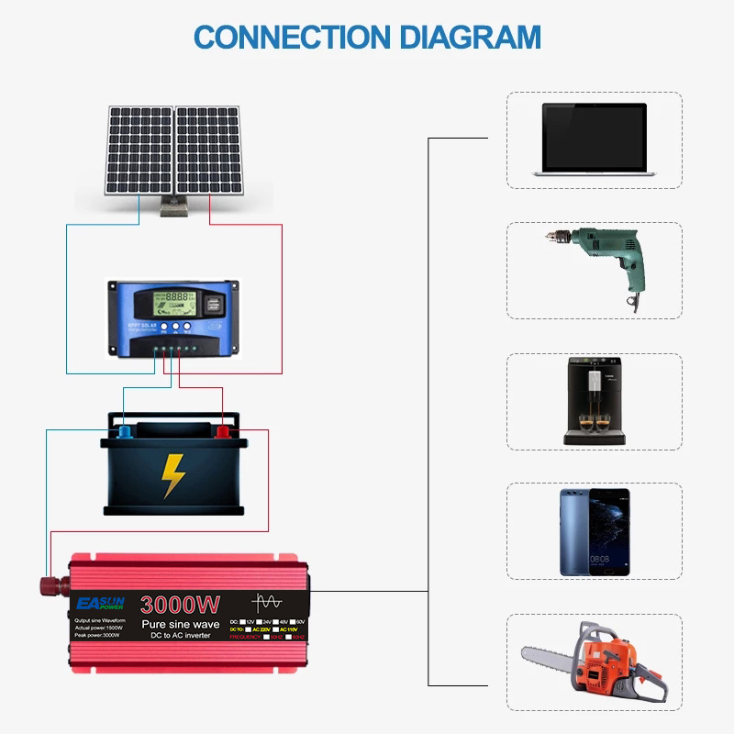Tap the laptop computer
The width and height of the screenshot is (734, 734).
pyautogui.click(x=594, y=139)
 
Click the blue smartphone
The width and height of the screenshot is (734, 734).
pyautogui.click(x=595, y=532)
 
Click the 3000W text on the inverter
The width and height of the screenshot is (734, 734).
pyautogui.click(x=180, y=605)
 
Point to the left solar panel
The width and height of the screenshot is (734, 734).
pyautogui.click(x=139, y=150)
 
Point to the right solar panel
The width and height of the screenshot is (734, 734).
pyautogui.click(x=208, y=150)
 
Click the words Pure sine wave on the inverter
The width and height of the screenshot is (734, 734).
pyautogui.click(x=179, y=624)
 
